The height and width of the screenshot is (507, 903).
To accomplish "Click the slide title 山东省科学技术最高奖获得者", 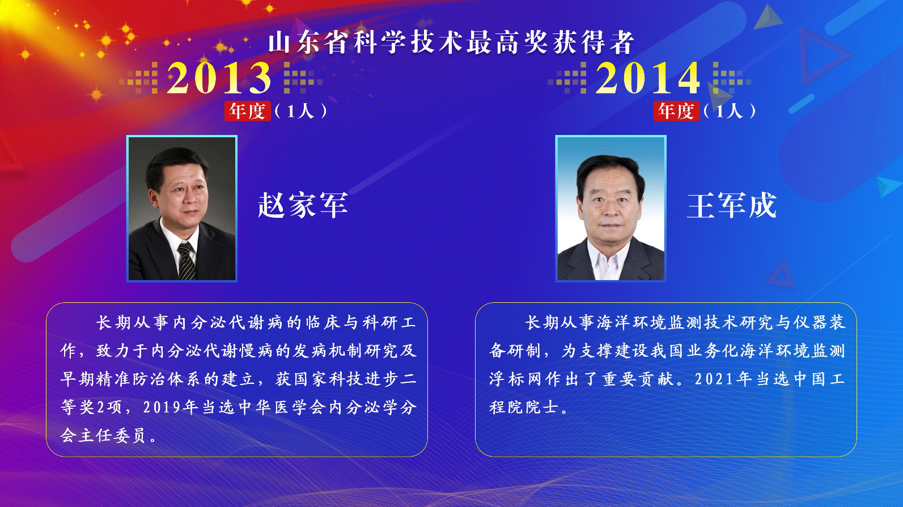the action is tap(451, 43).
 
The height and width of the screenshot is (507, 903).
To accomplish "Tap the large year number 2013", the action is tap(219, 78).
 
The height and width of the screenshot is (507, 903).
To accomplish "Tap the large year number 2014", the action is tap(648, 78).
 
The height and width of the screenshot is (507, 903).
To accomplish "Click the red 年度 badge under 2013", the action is tap(248, 111).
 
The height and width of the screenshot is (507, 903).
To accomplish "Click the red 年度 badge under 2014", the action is tap(676, 111).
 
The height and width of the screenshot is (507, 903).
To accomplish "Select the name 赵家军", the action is tap(303, 205).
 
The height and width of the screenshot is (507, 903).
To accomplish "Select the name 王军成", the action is tap(732, 205).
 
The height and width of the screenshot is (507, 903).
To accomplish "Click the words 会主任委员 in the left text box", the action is tap(103, 436).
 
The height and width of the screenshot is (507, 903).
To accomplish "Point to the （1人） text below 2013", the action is tap(300, 111).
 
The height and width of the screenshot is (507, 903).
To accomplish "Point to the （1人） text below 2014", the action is tap(729, 111).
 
